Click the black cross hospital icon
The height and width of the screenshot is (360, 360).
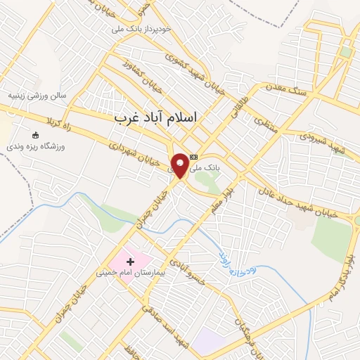pyautogui.click(x=130, y=262)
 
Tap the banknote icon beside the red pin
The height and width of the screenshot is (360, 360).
pyautogui.click(x=194, y=157)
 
